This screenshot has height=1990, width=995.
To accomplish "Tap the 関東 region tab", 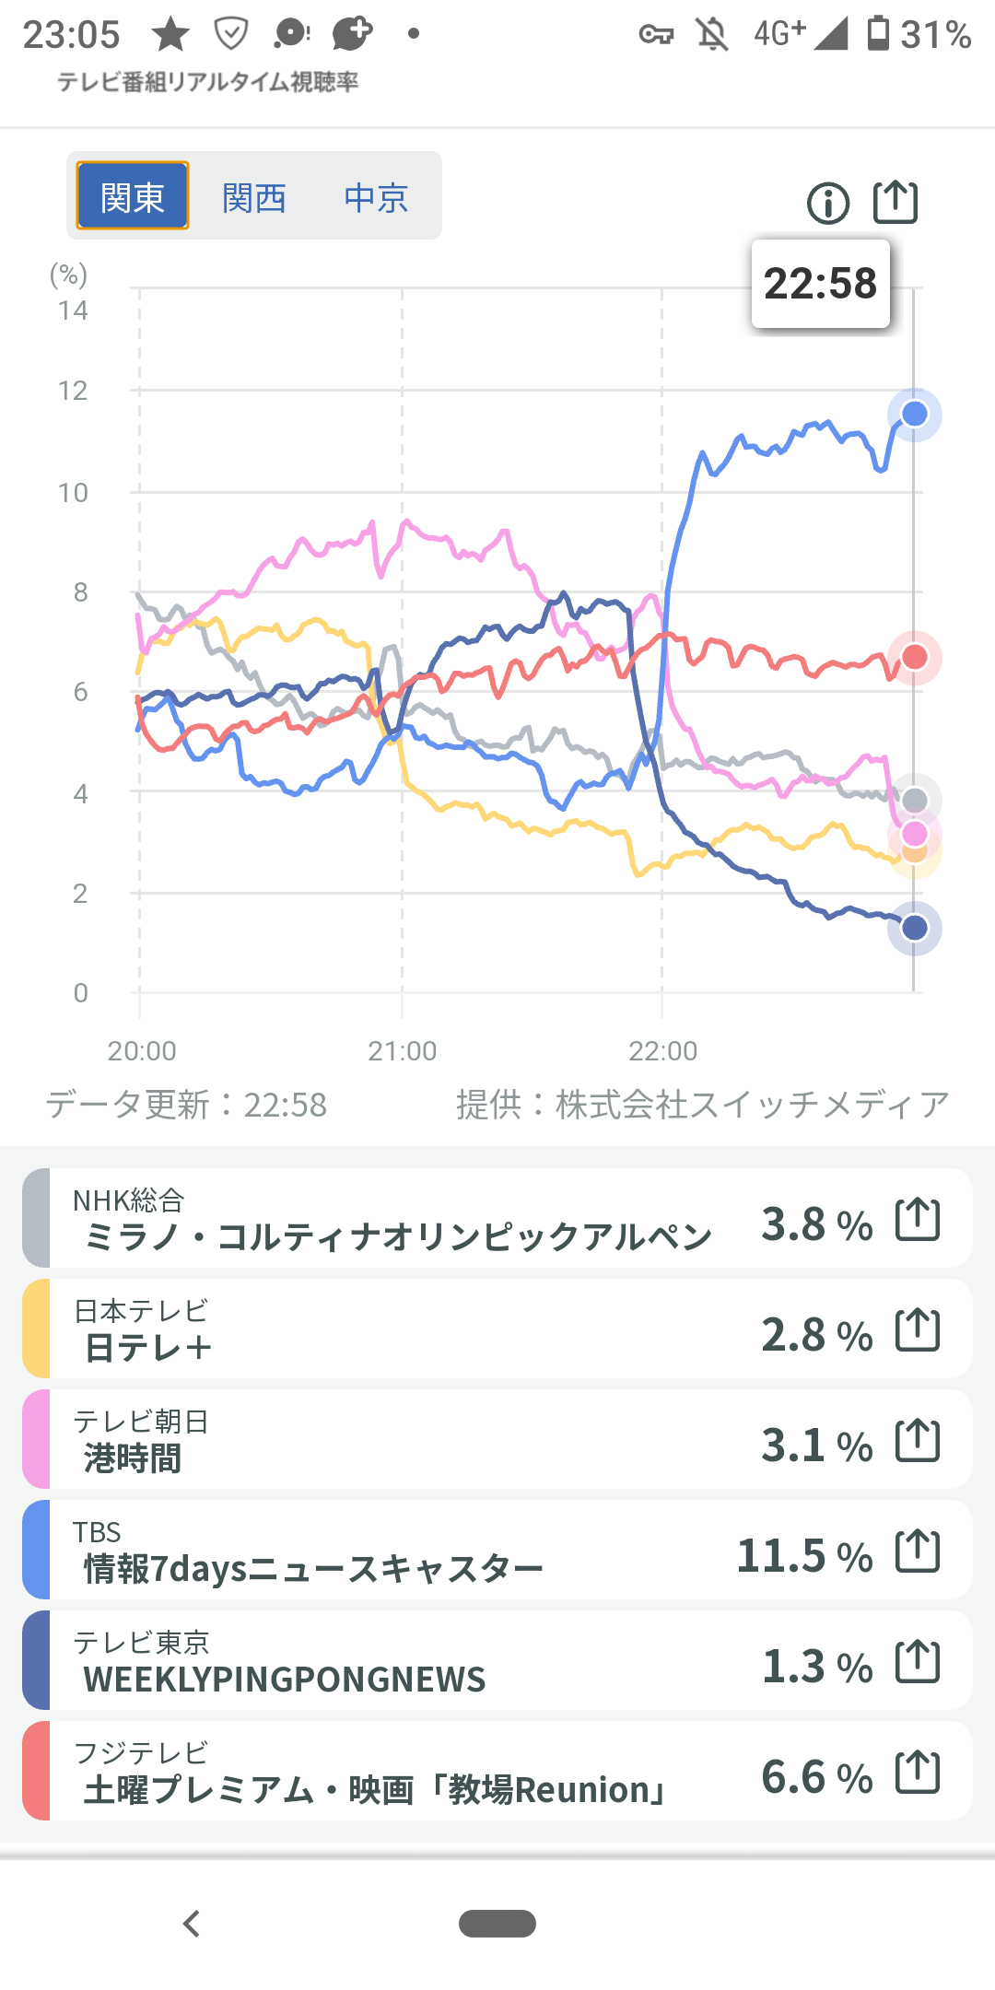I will coord(133,196).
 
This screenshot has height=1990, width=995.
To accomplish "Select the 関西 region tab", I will coord(254,197).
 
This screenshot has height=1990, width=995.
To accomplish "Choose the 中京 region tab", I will coord(376,197).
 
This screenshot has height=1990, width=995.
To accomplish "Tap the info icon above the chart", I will coord(828,203).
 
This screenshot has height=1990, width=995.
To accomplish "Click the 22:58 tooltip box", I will coord(821,284).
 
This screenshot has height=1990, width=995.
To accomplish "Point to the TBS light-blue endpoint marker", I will coord(914,415).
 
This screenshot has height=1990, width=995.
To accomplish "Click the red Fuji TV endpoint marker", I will coord(914,657).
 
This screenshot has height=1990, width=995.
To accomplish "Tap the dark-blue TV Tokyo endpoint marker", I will coord(914,928).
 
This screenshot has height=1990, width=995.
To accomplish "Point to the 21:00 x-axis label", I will coord(403,1051).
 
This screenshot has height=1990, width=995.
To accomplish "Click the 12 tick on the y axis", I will coord(73,391).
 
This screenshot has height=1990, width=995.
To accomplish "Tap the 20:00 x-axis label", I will coord(142,1051).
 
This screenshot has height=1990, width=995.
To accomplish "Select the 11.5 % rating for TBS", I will coord(804,1556).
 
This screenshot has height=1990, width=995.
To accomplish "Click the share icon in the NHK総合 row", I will coord(918,1220).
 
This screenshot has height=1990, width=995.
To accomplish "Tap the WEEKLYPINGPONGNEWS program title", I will coord(285,1680).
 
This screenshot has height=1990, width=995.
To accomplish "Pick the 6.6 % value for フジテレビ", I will coord(816,1777).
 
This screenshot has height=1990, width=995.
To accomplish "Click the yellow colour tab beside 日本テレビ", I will coord(36,1329).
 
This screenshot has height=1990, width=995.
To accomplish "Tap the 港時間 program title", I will coord(133,1458).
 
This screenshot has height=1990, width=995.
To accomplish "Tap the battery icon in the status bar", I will coord(879,33).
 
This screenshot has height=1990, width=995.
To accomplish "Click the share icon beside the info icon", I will coord(895,203).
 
